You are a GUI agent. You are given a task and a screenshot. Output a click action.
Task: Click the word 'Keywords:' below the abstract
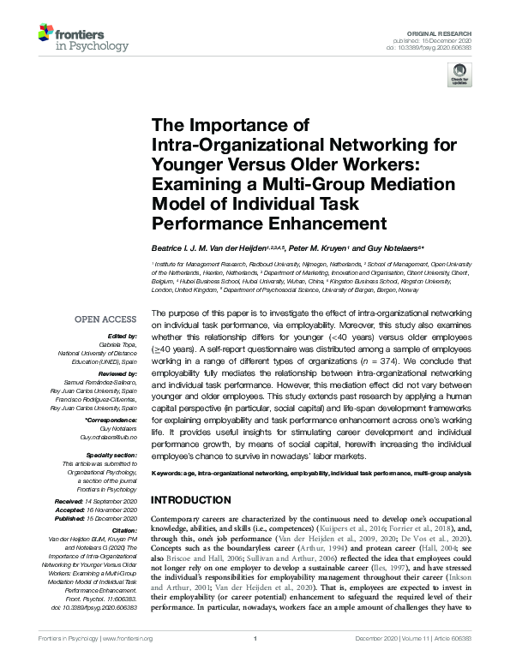[x=169, y=474]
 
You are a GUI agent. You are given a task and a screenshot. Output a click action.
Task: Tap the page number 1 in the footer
[x=255, y=660]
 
